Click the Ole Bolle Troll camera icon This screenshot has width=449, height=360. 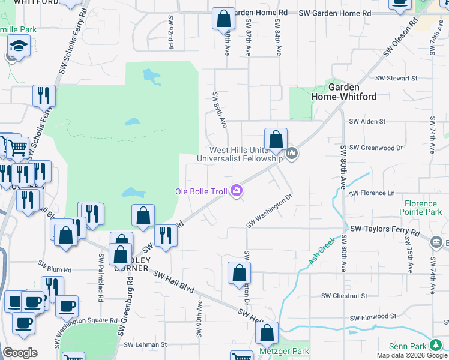237,191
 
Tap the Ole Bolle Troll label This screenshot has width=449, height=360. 201,191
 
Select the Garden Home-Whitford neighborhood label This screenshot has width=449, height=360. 343,92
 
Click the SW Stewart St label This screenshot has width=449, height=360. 396,78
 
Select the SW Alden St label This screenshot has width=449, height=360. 367,121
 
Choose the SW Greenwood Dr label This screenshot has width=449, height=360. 376,147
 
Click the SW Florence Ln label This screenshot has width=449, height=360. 372,193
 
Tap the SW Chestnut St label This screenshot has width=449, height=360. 343,296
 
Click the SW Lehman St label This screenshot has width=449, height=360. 145,344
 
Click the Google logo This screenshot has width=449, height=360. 20,352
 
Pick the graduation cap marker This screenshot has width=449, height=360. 19,46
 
